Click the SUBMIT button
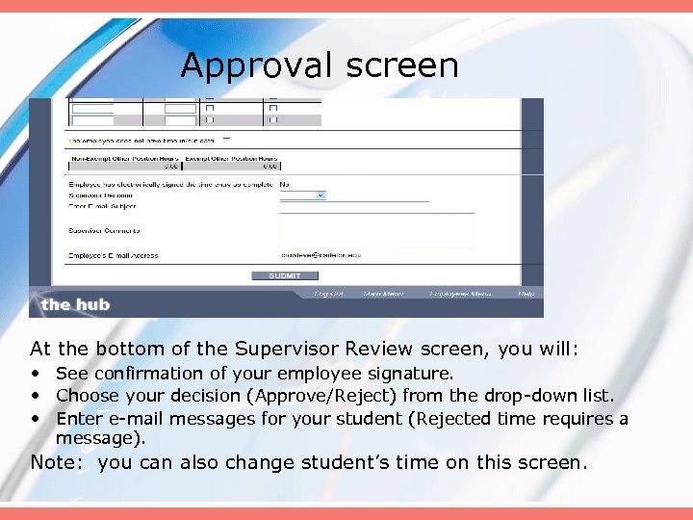coord(285,275)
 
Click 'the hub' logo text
coord(75,304)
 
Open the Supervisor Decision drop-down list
coord(302,195)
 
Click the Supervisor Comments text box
coord(376,231)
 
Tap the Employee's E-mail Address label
coord(113,255)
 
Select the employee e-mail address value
coord(321,255)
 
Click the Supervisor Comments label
coord(104,230)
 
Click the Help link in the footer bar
coord(526,294)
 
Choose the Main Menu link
coord(383,294)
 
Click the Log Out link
coord(328,294)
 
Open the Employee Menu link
coord(457,294)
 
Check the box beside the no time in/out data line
coord(227,140)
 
